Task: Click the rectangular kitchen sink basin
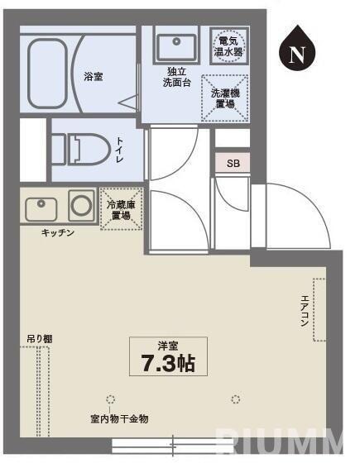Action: coord(41,208)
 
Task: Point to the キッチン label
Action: coord(58,233)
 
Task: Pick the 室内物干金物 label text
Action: coord(119,419)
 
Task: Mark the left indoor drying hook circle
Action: coord(112,399)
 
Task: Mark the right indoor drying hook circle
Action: coord(237,399)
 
